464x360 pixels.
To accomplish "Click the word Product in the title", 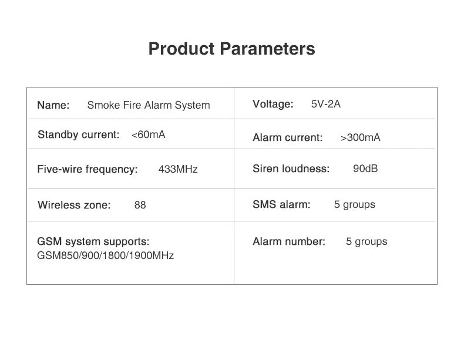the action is click(x=181, y=49).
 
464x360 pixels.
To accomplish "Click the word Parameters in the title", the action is click(x=267, y=49).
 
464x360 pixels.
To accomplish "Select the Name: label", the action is click(x=53, y=105).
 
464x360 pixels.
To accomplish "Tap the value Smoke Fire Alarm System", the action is click(x=149, y=105).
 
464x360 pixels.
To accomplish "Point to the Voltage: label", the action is click(x=273, y=104).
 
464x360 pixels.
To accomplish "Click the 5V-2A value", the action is click(x=326, y=104).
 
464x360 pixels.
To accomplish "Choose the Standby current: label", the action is click(x=79, y=134).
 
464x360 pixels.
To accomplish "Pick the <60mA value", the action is click(x=148, y=134).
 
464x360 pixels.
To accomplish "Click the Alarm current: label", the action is click(x=288, y=137).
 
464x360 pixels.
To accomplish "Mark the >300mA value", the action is click(x=361, y=137).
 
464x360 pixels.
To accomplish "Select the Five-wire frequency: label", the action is click(x=88, y=169).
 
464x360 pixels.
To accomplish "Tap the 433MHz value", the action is click(x=178, y=169).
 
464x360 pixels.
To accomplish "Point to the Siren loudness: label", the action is click(x=291, y=169).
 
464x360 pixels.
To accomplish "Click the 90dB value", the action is click(x=365, y=169).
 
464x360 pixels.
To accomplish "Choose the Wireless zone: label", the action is click(x=74, y=205).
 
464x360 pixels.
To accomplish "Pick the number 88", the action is click(x=140, y=205).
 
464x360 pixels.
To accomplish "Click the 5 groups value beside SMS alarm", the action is click(x=355, y=204).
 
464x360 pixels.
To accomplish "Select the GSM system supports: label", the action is click(x=93, y=241).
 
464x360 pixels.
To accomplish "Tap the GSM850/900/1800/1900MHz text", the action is click(x=105, y=255).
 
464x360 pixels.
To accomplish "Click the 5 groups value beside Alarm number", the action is click(x=367, y=241).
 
